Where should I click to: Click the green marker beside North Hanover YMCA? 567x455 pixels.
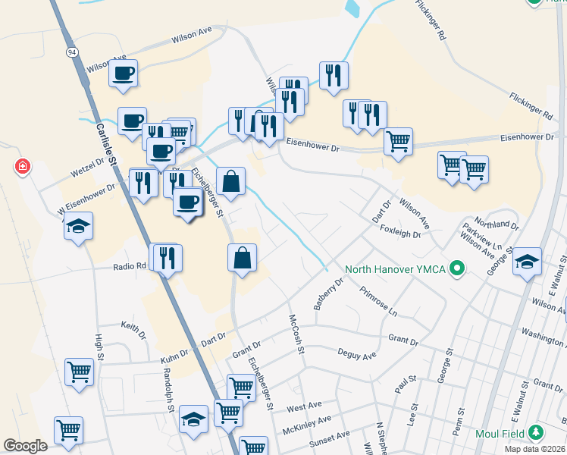pos(456,268)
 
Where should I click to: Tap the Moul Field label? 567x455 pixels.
pos(501,433)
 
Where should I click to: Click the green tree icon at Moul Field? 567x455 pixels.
pos(537,433)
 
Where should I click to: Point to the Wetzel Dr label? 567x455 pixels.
pos(89,164)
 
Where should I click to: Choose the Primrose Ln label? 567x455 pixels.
pos(378,301)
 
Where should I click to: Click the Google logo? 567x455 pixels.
pos(25,446)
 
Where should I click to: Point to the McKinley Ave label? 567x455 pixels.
pos(307,423)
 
